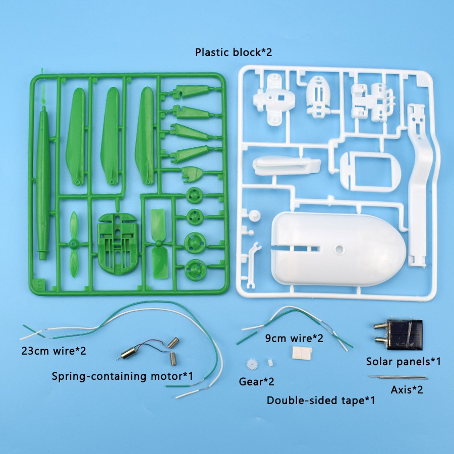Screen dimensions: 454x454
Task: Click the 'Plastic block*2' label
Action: pyautogui.click(x=234, y=52)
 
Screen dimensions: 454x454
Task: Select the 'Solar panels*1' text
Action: pyautogui.click(x=404, y=361)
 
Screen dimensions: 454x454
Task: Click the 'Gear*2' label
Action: pyautogui.click(x=257, y=381)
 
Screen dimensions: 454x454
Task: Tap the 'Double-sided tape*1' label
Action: pyautogui.click(x=320, y=401)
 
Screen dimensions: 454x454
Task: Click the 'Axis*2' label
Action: pyautogui.click(x=407, y=389)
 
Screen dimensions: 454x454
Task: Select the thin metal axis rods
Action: pyautogui.click(x=398, y=377)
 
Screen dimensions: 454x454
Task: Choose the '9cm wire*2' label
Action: pyautogui.click(x=294, y=338)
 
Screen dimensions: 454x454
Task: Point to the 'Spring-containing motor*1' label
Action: pyautogui.click(x=123, y=376)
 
